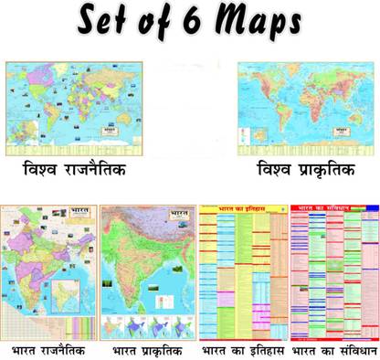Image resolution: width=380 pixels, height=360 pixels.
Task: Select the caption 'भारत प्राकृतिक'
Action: (146, 351)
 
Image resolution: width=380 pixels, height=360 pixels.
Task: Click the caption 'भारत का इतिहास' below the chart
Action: (242, 351)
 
